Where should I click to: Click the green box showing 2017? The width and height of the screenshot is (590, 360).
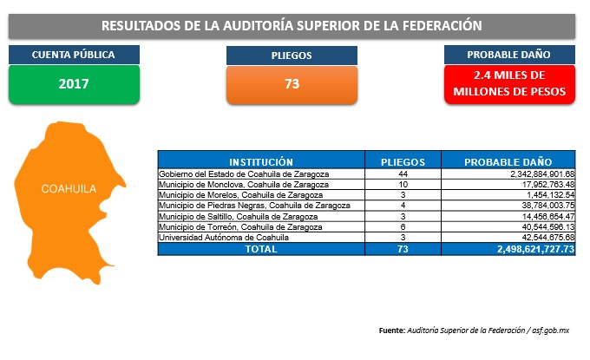pyautogui.click(x=74, y=84)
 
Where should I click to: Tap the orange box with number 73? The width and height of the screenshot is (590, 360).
pyautogui.click(x=292, y=85)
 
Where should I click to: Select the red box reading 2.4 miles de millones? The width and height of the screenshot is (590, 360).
pyautogui.click(x=509, y=84)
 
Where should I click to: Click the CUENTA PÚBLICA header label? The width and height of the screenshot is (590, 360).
pyautogui.click(x=74, y=55)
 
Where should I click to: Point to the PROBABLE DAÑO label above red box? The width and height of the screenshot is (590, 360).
pyautogui.click(x=509, y=55)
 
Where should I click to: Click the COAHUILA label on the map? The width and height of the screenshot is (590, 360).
pyautogui.click(x=69, y=189)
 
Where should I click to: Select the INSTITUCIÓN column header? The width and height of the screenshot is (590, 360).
pyautogui.click(x=261, y=162)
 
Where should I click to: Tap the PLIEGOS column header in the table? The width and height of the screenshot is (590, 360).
pyautogui.click(x=403, y=162)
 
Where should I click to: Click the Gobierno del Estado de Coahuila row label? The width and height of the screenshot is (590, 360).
pyautogui.click(x=244, y=174)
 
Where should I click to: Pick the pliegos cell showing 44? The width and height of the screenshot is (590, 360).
pyautogui.click(x=403, y=174)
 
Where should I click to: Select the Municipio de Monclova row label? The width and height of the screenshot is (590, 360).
pyautogui.click(x=244, y=185)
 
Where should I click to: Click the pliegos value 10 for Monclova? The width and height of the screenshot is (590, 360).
pyautogui.click(x=403, y=185)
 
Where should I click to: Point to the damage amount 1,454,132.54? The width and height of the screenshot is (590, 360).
pyautogui.click(x=551, y=195)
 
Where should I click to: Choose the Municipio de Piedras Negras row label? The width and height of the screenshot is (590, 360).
pyautogui.click(x=254, y=206)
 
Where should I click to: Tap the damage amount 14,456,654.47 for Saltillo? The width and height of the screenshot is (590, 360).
pyautogui.click(x=548, y=217)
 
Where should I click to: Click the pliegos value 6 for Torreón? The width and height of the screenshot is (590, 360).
pyautogui.click(x=403, y=227)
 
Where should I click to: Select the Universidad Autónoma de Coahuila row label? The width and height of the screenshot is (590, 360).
pyautogui.click(x=224, y=238)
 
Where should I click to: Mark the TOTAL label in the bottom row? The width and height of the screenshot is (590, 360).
pyautogui.click(x=261, y=249)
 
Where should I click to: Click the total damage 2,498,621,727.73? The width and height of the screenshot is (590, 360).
pyautogui.click(x=536, y=249)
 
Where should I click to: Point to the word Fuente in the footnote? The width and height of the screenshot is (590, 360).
pyautogui.click(x=391, y=331)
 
